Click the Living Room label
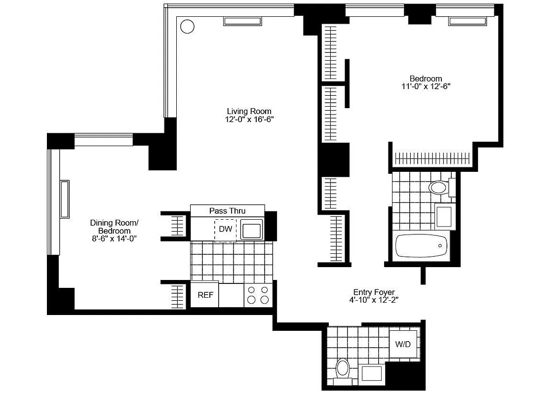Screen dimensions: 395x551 (249, 111)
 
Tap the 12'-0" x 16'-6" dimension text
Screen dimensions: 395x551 (249, 119)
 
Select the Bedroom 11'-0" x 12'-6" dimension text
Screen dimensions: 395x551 (426, 86)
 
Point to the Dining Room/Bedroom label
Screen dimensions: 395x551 (114, 227)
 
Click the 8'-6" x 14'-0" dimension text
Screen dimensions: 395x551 (114, 238)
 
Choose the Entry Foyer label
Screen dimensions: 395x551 (374, 292)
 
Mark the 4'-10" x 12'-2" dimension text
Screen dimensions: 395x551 (374, 300)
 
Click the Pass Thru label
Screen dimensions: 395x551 (227, 211)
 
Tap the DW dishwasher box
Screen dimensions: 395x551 (225, 229)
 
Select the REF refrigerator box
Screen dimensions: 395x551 (205, 295)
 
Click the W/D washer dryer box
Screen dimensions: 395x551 (403, 344)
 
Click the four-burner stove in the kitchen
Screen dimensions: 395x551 (258, 295)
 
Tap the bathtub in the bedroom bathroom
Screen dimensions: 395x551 (422, 245)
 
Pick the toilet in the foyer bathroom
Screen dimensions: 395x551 (342, 369)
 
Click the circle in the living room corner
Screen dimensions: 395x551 (187, 26)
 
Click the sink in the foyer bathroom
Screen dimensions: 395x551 (372, 373)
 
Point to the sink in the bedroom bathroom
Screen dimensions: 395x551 (444, 216)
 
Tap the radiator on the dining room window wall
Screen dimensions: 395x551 (65, 199)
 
